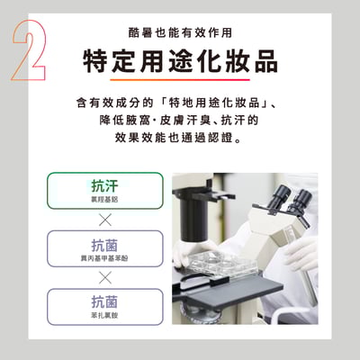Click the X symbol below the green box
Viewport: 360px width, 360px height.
[104, 220]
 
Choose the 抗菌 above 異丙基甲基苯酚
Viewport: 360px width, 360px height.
[104, 244]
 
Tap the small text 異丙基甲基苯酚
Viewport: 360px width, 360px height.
[104, 258]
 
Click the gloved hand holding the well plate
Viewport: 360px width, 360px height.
[191, 255]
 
